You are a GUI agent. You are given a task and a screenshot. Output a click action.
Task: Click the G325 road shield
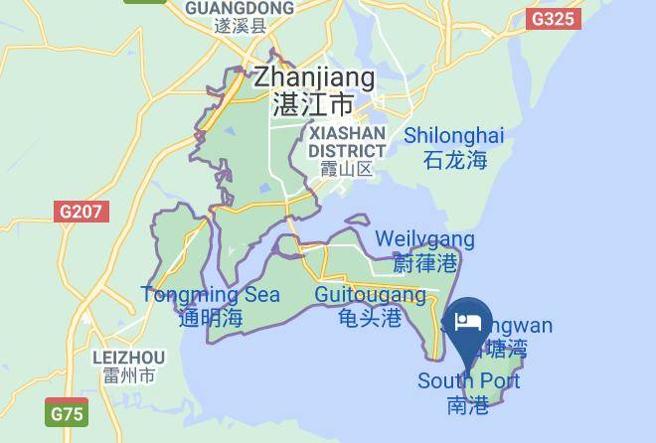click(552, 18)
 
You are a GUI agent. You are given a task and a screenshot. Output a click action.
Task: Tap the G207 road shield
click(81, 212)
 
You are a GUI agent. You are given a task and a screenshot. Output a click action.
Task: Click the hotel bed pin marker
click(467, 323)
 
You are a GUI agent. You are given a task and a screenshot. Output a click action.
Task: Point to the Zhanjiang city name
click(314, 77)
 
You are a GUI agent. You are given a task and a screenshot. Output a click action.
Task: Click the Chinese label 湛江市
click(313, 104)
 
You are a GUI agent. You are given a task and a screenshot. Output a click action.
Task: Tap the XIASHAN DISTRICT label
click(346, 141)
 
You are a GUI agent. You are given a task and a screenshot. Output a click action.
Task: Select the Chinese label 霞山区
click(346, 169)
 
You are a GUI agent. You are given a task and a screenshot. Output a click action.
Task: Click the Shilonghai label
click(454, 135)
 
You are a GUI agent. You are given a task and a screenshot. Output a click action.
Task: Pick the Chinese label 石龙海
click(454, 159)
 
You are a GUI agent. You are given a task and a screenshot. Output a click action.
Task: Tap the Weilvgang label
click(424, 239)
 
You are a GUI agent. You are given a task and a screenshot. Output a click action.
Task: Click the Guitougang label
click(370, 295)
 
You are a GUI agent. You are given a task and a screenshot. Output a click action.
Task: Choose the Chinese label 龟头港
click(370, 318)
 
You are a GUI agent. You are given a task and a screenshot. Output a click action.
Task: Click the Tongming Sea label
click(210, 295)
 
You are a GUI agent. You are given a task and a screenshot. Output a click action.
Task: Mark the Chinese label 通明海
click(210, 318)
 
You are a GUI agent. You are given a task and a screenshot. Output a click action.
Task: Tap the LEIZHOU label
click(128, 357)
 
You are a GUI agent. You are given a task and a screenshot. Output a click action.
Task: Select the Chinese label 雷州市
click(128, 376)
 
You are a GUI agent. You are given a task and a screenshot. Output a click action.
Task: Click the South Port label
click(468, 381)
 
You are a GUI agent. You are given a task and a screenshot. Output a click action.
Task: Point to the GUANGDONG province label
click(240, 8)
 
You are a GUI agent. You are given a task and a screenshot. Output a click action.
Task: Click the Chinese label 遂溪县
click(240, 27)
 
